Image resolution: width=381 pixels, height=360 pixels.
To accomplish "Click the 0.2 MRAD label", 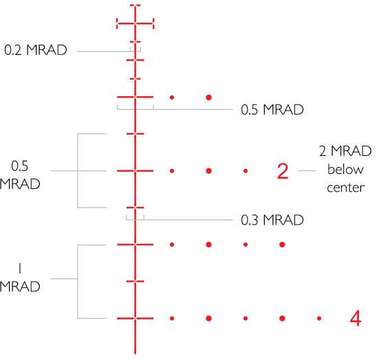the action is click(x=36, y=50).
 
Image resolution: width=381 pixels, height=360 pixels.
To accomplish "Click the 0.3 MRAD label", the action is click(x=272, y=220).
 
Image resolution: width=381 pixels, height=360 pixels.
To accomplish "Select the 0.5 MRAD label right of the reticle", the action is click(x=272, y=109).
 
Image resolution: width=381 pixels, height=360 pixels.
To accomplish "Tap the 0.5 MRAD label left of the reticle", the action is click(x=20, y=175).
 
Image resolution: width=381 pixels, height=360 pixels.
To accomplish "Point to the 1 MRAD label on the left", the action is click(x=20, y=278).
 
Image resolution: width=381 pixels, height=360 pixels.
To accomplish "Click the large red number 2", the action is click(x=283, y=171).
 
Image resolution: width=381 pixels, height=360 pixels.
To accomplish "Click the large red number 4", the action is click(x=356, y=318).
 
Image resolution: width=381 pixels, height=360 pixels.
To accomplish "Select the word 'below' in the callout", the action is click(x=345, y=169).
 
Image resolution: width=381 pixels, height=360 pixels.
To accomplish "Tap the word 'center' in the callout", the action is click(x=345, y=188).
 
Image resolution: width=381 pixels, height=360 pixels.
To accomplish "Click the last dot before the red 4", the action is click(x=319, y=318).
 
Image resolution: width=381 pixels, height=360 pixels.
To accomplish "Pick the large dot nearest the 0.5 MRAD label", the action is click(x=208, y=98).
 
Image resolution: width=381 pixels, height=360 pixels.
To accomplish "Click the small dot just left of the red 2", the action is click(x=246, y=171).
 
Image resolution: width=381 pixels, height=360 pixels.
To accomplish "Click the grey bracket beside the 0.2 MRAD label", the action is click(x=135, y=49).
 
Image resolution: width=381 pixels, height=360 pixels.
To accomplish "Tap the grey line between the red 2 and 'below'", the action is click(x=307, y=170).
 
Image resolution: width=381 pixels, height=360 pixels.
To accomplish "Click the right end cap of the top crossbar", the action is click(x=153, y=23).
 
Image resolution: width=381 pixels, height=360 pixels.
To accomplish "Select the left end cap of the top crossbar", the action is click(x=117, y=23).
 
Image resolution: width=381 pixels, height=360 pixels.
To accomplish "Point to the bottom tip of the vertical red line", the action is click(x=135, y=355).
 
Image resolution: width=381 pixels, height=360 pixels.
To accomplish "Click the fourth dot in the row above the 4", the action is click(x=282, y=245).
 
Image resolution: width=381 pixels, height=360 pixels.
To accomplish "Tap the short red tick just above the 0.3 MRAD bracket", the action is click(x=135, y=207).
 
